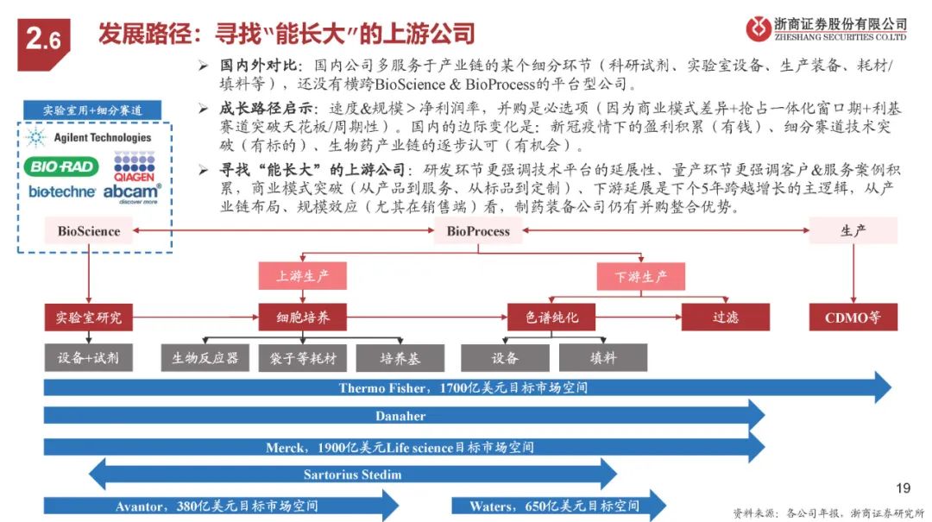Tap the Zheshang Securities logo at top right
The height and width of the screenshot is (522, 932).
[x=827, y=28]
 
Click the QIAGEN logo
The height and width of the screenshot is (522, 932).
[x=134, y=165]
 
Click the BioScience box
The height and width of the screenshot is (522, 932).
[x=89, y=230]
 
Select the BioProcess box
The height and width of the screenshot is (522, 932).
[x=478, y=230]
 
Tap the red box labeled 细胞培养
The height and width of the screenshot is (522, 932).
[x=302, y=318]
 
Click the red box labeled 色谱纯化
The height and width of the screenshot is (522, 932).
[x=552, y=318]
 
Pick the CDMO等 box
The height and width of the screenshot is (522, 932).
[x=853, y=318]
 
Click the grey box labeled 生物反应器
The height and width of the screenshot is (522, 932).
[x=205, y=357]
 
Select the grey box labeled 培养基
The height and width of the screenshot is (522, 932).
[x=400, y=357]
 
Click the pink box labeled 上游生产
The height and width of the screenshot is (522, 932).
[x=302, y=277]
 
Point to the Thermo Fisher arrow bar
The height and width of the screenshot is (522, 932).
[x=466, y=388]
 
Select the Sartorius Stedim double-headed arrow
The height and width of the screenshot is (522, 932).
[x=354, y=475]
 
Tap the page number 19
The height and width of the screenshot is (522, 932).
[x=904, y=488]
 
